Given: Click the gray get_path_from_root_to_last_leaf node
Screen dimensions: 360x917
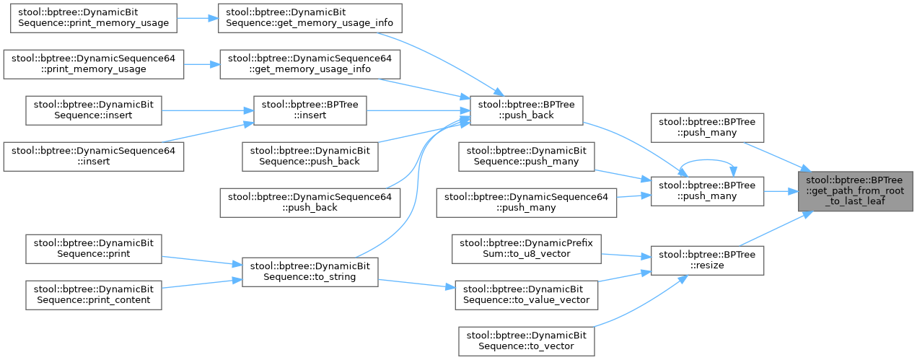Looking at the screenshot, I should point(856,191).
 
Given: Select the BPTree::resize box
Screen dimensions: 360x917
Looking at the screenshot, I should point(707,260).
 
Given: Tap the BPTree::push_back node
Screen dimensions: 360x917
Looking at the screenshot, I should point(526,110).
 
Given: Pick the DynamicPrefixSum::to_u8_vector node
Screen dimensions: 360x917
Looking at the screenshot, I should point(526,249).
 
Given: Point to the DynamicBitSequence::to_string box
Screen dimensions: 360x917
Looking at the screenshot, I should point(310,272).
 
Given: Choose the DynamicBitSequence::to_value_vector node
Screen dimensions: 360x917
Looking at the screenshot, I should point(526,295).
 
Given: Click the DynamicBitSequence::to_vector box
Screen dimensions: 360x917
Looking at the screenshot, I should point(526,341).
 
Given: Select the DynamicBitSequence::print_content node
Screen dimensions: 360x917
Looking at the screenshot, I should point(93,294).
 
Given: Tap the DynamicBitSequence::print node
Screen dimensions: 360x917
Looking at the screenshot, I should point(93,249).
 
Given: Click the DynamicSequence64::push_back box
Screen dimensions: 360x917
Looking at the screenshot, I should point(310,202).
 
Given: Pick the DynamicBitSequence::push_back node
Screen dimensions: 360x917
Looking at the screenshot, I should point(310,157).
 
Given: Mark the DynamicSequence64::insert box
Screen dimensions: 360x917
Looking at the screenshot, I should point(93,157).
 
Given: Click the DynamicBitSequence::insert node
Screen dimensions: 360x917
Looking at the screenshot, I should point(93,110).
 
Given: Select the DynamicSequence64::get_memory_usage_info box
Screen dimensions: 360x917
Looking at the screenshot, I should point(310,63).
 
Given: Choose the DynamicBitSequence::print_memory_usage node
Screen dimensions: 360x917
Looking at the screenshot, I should point(93,18).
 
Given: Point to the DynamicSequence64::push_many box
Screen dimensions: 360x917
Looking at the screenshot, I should point(526,202).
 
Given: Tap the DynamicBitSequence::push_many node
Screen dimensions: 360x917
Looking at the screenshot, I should point(526,157).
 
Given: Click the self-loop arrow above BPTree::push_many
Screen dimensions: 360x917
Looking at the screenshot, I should point(707,162).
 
